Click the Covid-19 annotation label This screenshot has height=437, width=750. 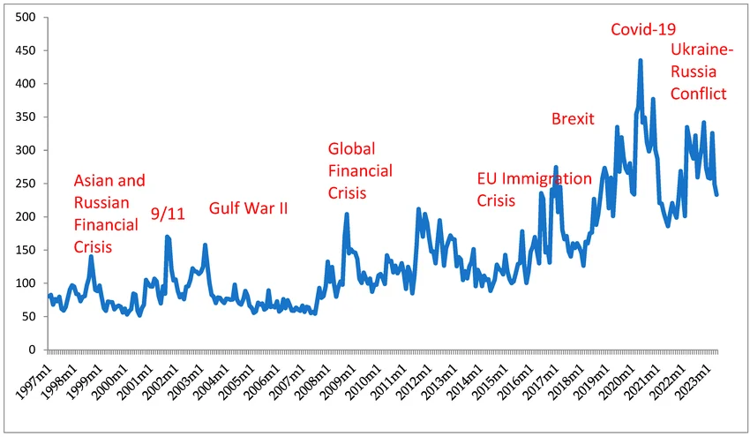click(x=649, y=30)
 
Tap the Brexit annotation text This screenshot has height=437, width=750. click(x=573, y=119)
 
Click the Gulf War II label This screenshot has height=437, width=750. click(x=248, y=209)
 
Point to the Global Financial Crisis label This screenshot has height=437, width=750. click(x=360, y=170)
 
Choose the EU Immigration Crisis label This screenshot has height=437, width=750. click(x=534, y=189)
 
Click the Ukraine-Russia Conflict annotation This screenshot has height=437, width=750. click(x=698, y=71)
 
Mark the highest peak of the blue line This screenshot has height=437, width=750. click(x=641, y=61)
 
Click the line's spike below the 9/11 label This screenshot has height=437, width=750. click(x=167, y=237)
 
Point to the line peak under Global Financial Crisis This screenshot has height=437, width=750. click(x=347, y=215)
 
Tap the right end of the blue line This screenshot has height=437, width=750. click(x=716, y=194)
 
